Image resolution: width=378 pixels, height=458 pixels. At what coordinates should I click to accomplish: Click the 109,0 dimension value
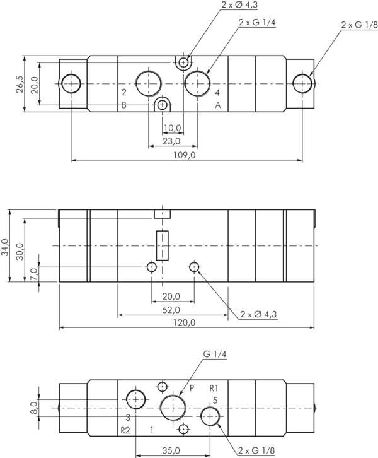point(186,155)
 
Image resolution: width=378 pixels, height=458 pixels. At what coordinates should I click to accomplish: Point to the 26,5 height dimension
point(19,85)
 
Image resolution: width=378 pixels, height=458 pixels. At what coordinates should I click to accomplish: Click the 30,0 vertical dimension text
point(20,250)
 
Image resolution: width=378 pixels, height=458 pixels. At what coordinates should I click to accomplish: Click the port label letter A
point(218,105)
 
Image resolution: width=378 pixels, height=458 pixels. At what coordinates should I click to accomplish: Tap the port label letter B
point(124,105)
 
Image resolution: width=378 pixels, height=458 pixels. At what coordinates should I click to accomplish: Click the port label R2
point(125,430)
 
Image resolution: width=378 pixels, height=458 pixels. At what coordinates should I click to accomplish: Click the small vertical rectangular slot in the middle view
point(163,246)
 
